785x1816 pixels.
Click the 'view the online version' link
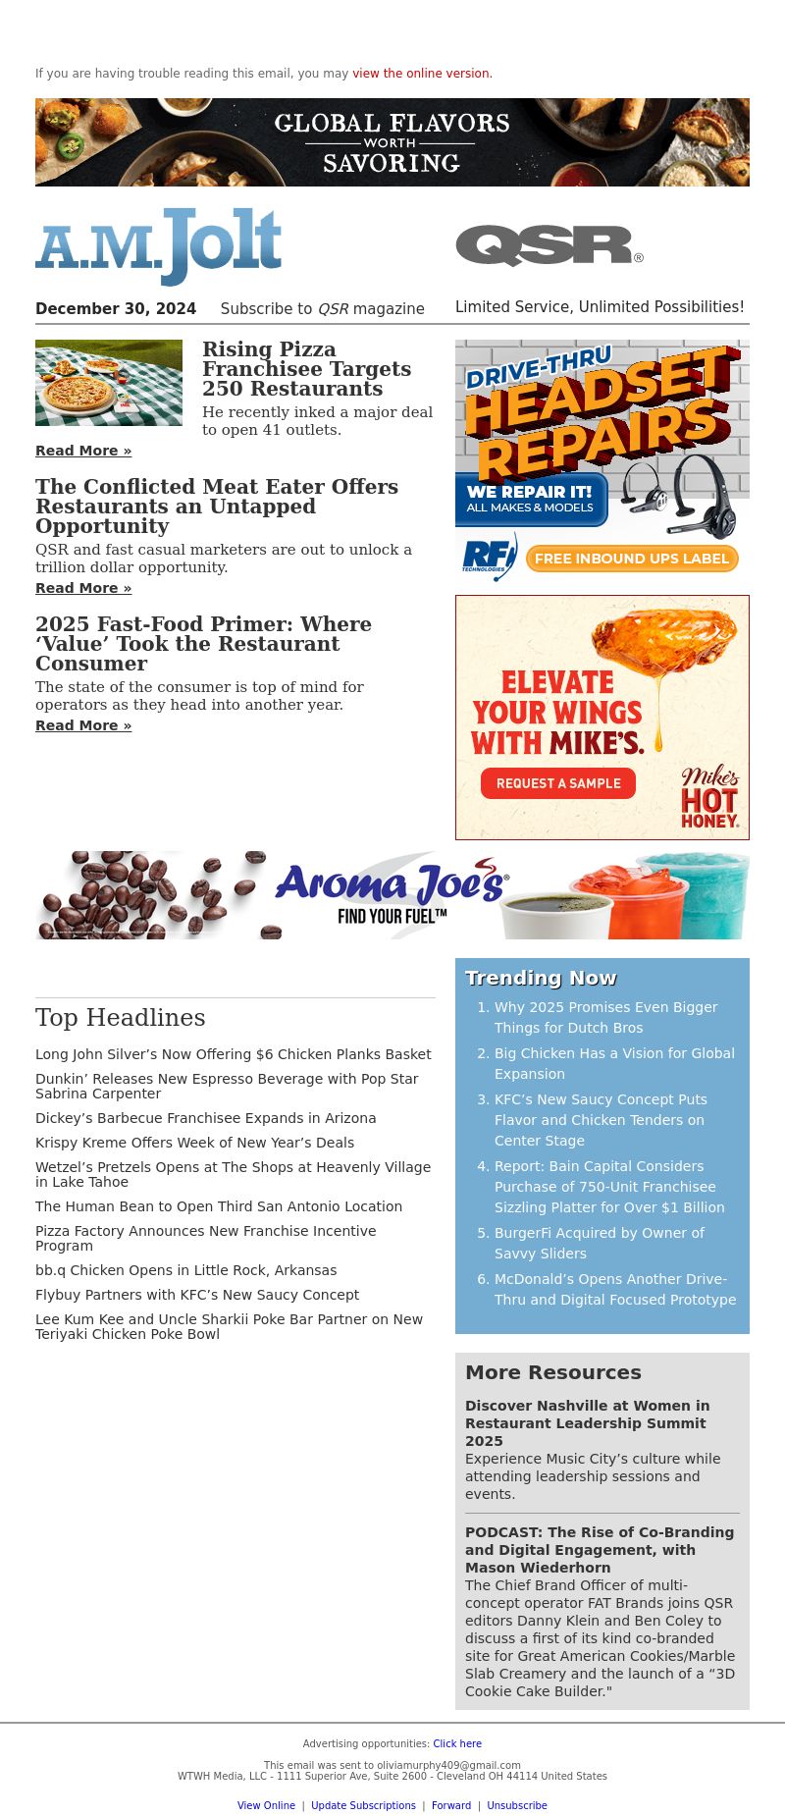(x=421, y=74)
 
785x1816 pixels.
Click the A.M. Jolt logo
(x=158, y=245)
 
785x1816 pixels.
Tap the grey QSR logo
(x=549, y=245)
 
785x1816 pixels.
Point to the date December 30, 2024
(x=116, y=308)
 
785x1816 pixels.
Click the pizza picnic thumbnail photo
(x=109, y=383)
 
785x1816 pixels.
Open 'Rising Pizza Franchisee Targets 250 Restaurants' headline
(x=306, y=369)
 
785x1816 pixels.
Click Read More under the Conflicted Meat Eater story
(x=83, y=588)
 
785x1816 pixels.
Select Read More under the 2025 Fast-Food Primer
(x=83, y=725)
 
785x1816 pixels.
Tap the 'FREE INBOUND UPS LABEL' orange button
(x=631, y=559)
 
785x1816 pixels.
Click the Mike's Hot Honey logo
(x=710, y=797)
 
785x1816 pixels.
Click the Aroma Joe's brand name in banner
(x=391, y=883)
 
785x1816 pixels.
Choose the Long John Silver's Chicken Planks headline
(x=233, y=1054)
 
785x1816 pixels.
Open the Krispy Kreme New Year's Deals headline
(x=194, y=1143)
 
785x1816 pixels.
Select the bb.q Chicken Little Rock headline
(x=185, y=1270)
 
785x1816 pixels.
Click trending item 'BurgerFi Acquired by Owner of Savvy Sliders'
(x=599, y=1243)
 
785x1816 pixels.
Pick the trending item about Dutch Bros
(x=605, y=1017)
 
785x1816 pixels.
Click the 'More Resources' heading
(x=552, y=1372)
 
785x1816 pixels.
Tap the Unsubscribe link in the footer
(x=517, y=1805)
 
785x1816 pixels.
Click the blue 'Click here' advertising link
(x=457, y=1743)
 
